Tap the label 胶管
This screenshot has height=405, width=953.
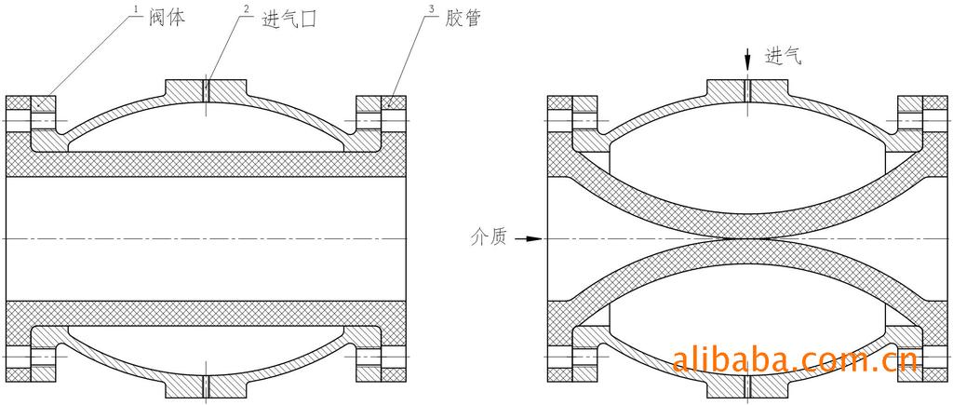[461, 19]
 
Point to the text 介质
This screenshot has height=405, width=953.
[488, 238]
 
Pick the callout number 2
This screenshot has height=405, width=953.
[246, 8]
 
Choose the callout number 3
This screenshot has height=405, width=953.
[431, 8]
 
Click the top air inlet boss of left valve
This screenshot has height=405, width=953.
[207, 89]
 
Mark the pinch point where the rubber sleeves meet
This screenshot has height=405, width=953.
[747, 238]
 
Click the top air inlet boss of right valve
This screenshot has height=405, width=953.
[747, 88]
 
